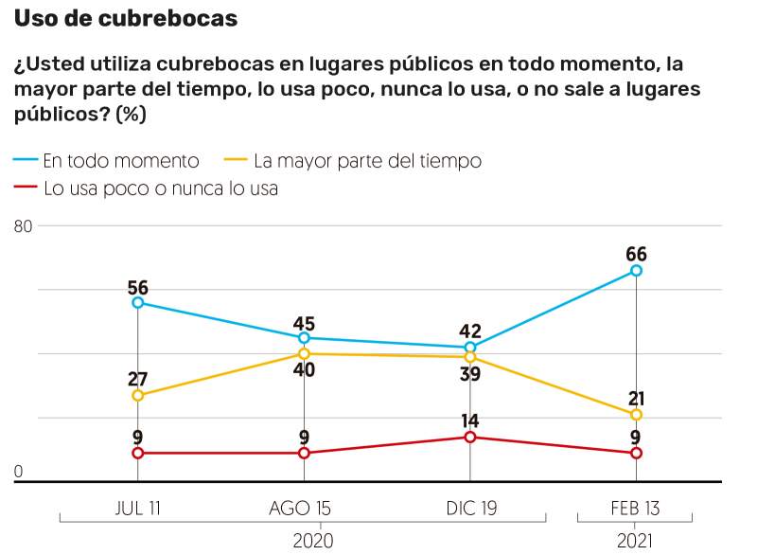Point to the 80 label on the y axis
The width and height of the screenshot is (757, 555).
click(x=23, y=226)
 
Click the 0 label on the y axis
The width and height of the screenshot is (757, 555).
click(x=18, y=472)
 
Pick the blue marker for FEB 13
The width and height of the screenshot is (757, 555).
click(x=636, y=271)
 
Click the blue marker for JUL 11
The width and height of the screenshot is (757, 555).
click(x=137, y=303)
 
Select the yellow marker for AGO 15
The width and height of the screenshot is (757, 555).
click(x=304, y=354)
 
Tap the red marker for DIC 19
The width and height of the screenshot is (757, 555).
click(x=470, y=437)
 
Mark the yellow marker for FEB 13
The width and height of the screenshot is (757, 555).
click(x=636, y=415)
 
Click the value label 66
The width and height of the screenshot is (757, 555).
click(x=636, y=253)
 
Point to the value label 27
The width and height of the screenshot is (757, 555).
click(x=137, y=378)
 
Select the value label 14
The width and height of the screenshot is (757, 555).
click(x=470, y=420)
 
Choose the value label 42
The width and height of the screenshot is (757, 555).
click(x=470, y=331)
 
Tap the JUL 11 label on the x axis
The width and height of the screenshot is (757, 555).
click(x=137, y=509)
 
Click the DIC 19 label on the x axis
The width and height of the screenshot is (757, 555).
click(x=470, y=509)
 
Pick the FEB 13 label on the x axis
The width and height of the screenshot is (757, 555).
click(x=636, y=509)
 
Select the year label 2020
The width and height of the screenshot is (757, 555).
click(x=313, y=541)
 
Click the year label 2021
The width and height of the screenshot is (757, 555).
click(x=636, y=541)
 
